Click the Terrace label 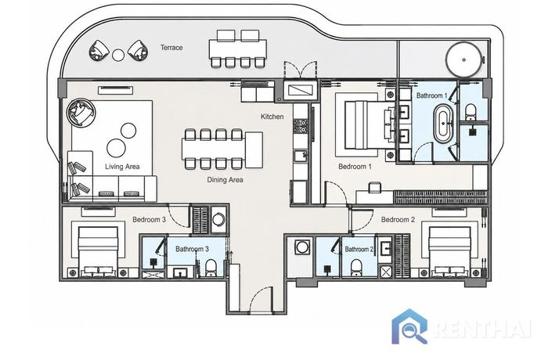tap(171, 47)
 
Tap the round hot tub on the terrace tap(463, 59)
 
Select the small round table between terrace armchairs tap(118, 55)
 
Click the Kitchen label tap(272, 117)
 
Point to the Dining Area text tap(225, 180)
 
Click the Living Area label tap(122, 167)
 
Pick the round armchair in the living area tap(81, 112)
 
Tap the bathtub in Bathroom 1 tap(443, 124)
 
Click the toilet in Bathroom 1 tap(470, 110)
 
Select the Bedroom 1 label tap(355, 167)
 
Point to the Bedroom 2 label tap(398, 219)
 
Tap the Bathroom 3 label tap(192, 249)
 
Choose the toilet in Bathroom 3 tap(211, 268)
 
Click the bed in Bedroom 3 tap(98, 250)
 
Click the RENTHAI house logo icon tap(409, 326)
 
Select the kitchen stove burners tap(300, 126)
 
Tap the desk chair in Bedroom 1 tap(374, 187)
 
